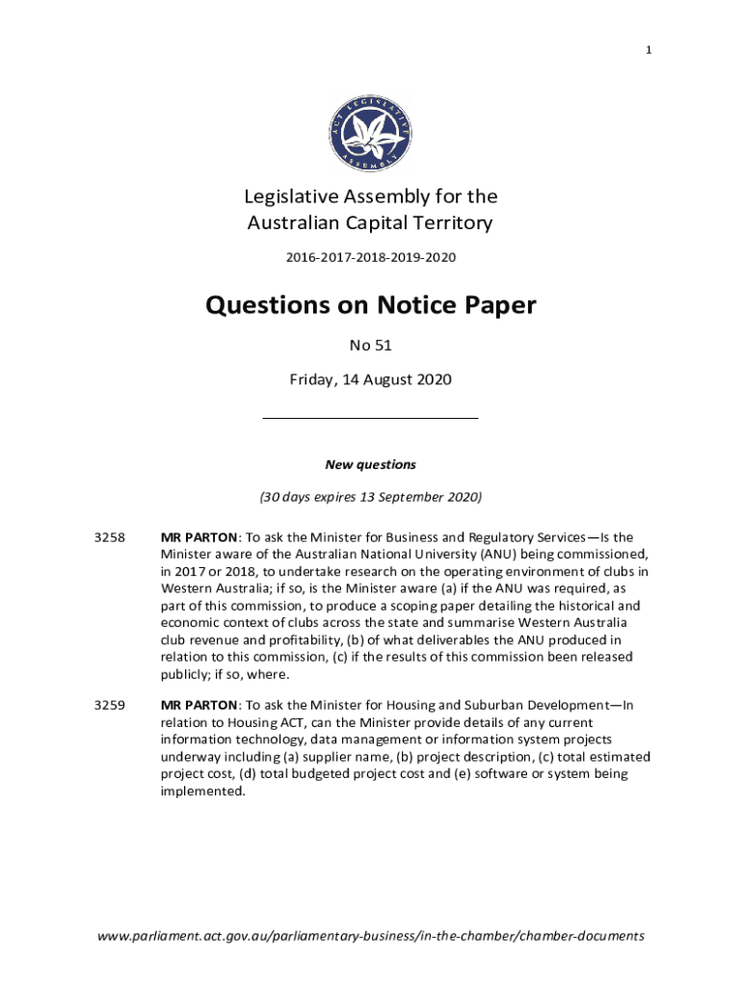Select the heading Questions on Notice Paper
(370, 306)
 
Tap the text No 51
(370, 345)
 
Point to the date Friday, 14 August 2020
(370, 379)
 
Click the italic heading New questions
(370, 464)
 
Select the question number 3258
(110, 537)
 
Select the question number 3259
(110, 705)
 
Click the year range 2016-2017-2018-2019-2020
(370, 257)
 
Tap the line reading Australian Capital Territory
(370, 223)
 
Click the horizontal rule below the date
(370, 418)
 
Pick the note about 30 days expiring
(370, 497)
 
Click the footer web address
(370, 935)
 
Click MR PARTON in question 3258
(198, 537)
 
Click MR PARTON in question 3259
(198, 705)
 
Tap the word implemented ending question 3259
(202, 791)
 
